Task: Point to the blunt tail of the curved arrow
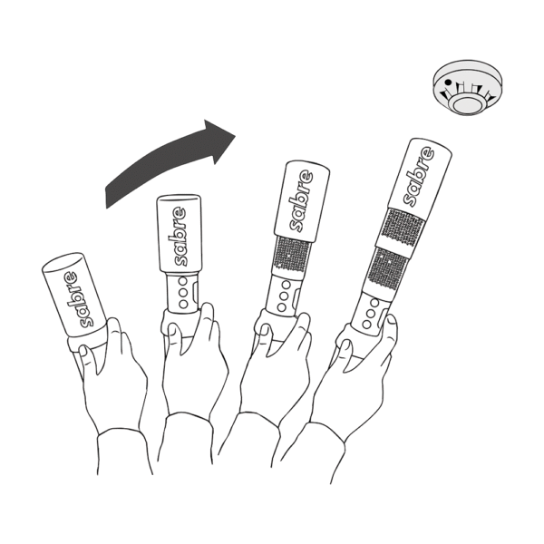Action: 109,192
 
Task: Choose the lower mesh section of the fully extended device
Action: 385,273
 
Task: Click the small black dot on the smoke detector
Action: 446,81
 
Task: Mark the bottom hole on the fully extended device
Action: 366,320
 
